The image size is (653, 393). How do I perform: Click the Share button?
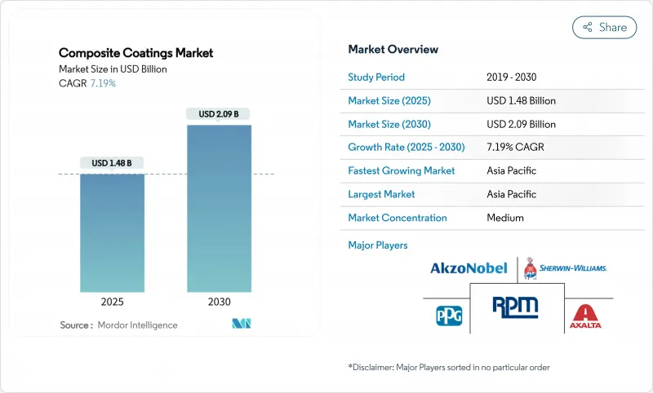(x=604, y=27)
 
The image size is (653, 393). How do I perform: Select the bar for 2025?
(x=112, y=232)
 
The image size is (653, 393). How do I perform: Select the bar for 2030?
(x=219, y=208)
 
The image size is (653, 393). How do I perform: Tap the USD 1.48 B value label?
(x=112, y=163)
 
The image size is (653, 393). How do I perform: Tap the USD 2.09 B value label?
(x=219, y=114)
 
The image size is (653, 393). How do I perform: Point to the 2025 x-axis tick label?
(x=112, y=301)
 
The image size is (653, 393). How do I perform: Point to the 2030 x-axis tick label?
(x=219, y=301)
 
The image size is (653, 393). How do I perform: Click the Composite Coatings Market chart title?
(x=135, y=53)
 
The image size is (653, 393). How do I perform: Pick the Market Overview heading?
(x=393, y=50)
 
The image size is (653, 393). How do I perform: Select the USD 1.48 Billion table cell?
(x=521, y=101)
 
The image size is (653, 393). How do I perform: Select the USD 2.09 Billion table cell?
(x=521, y=124)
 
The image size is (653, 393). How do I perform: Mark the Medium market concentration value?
(x=505, y=218)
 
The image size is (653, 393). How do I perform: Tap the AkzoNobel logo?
(x=469, y=267)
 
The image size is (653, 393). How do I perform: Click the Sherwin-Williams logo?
(x=565, y=267)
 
